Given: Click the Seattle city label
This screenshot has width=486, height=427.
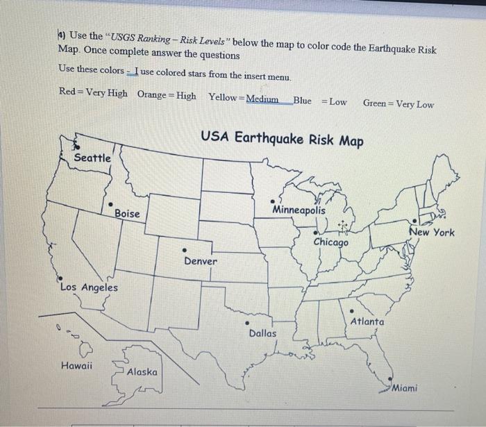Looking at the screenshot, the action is tap(92, 158).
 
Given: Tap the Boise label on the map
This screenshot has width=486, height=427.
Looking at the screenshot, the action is tap(127, 213).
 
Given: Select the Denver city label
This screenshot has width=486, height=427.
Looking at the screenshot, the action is tap(201, 261).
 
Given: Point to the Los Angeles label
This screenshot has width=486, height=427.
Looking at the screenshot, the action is tap(89, 287).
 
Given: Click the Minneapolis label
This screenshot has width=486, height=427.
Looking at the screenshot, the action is tap(299, 209).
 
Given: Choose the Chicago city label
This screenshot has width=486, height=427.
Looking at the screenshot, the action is tap(331, 242).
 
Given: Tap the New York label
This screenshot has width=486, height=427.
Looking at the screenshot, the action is tap(432, 232).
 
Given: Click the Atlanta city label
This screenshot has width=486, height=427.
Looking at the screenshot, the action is tap(367, 321).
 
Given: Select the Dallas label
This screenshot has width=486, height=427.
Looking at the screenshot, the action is tap(262, 333).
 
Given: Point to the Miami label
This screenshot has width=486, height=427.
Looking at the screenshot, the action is tap(405, 388).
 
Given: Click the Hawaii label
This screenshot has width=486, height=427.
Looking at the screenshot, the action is tap(76, 366).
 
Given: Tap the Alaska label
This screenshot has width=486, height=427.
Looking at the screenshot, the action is tap(142, 372).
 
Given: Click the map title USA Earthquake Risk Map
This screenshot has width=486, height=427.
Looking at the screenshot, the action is tap(282, 140).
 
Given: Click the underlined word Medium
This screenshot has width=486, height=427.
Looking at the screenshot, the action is tap(262, 99).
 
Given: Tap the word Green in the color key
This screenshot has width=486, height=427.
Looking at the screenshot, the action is tap(376, 103).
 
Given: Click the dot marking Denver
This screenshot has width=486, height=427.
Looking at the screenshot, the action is tap(185, 250).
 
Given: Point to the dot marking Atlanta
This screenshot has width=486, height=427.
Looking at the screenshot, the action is tap(352, 310).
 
